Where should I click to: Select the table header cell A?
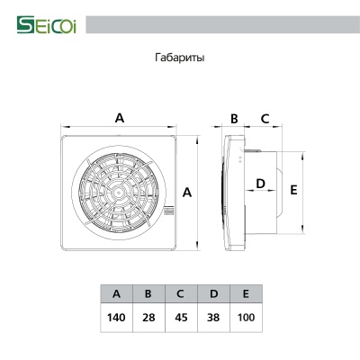pyautogui.click(x=116, y=294)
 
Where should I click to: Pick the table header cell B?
pyautogui.click(x=148, y=294)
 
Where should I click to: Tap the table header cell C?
pyautogui.click(x=181, y=294)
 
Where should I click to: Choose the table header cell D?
pyautogui.click(x=213, y=294)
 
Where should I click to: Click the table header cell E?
pyautogui.click(x=246, y=294)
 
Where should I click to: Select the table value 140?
pyautogui.click(x=116, y=318)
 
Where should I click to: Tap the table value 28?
pyautogui.click(x=148, y=318)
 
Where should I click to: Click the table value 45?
pyautogui.click(x=181, y=318)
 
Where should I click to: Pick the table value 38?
pyautogui.click(x=213, y=318)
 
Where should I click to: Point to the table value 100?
pyautogui.click(x=246, y=318)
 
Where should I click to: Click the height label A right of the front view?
pyautogui.click(x=187, y=193)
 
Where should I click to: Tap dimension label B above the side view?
pyautogui.click(x=233, y=118)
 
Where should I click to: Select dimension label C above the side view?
pyautogui.click(x=265, y=118)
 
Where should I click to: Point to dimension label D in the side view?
pyautogui.click(x=261, y=184)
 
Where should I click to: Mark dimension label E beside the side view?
pyautogui.click(x=293, y=191)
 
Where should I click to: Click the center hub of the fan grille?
pyautogui.click(x=120, y=192)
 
